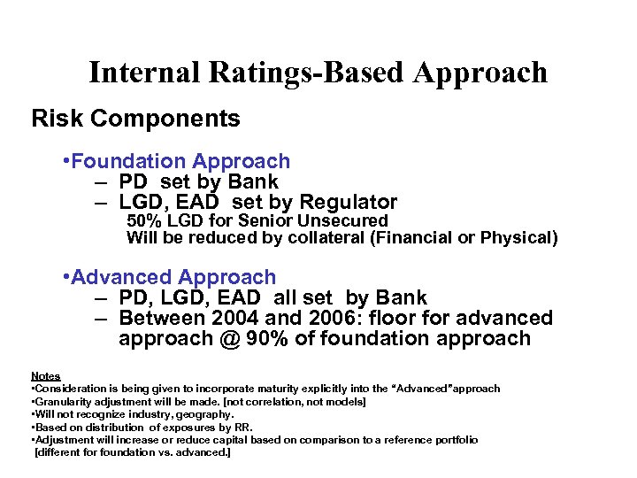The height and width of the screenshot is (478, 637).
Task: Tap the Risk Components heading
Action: (135, 119)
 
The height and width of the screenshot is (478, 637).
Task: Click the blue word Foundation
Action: (129, 161)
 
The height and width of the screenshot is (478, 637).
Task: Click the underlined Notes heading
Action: (46, 376)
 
